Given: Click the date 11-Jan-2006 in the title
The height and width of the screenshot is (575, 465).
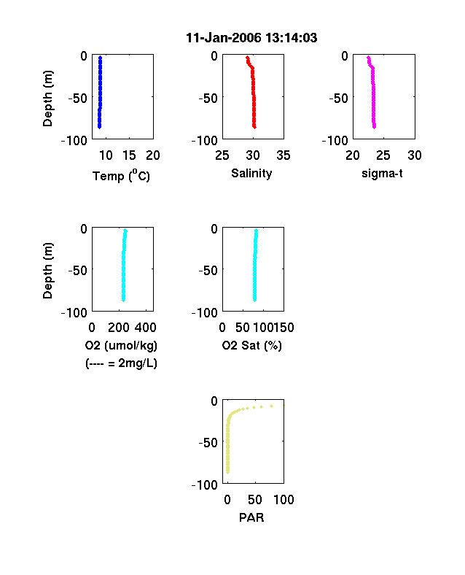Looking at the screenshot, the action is coord(224,38).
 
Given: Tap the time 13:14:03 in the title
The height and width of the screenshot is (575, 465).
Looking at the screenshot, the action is coord(292,38).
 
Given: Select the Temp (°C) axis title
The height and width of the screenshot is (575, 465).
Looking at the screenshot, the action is coord(121,176).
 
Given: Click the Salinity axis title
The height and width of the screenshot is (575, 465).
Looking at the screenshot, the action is coord(251,173).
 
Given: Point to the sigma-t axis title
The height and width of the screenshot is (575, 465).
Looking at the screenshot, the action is coord(382,173).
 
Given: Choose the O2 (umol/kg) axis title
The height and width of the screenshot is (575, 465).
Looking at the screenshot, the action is coord(121,345).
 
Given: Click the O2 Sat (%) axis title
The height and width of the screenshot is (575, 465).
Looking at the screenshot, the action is coord(252,345).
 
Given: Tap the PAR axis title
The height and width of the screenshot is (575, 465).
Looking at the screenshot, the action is coord(251,517).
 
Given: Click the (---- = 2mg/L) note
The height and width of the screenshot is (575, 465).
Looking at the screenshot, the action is coord(121,363).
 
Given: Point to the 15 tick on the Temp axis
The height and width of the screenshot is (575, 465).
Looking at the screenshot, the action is coord(129,155).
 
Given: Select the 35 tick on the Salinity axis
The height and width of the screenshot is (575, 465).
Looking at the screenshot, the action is coord(284,155).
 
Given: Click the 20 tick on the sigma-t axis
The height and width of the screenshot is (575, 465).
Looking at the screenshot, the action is coord(353,155).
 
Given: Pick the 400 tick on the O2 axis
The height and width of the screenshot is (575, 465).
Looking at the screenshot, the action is coord(146,328).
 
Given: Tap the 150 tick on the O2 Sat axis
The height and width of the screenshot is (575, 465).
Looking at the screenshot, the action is coord(284,328).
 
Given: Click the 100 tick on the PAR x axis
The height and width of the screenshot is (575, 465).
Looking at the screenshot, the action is coord(284,499).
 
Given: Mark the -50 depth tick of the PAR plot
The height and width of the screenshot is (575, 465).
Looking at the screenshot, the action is coord(208,443).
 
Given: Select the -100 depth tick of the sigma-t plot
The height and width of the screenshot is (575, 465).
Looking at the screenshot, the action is coord(335,140).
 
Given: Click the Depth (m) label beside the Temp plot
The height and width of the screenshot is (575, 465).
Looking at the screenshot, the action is coord(47,99).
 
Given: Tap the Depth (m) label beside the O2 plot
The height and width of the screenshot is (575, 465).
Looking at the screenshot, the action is coord(47,271).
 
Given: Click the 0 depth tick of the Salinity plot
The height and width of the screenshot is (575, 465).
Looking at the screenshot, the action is coord(214,56).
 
